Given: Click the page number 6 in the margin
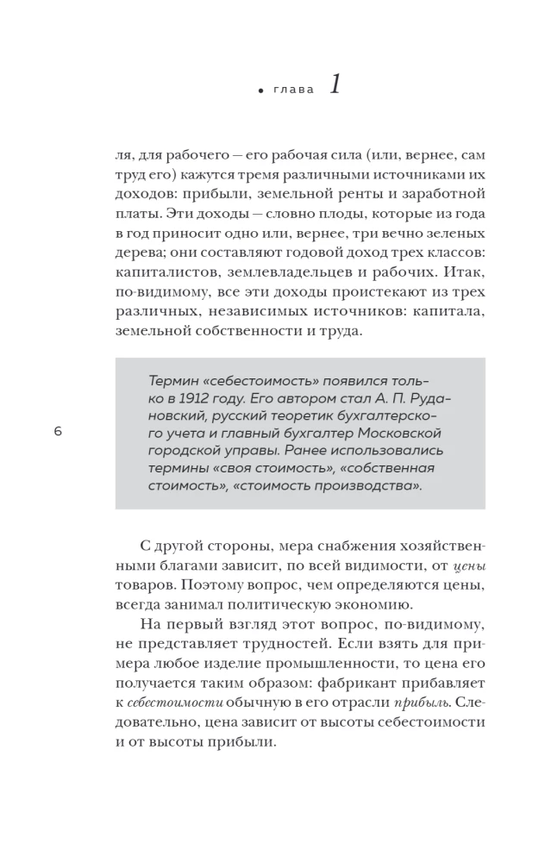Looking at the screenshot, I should tap(58, 432).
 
